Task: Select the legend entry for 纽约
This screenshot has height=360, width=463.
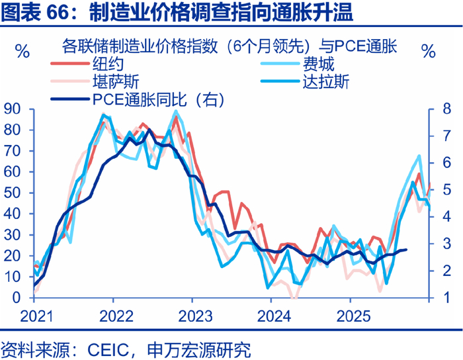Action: click(x=106, y=65)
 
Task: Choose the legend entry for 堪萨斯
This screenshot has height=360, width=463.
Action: click(x=114, y=82)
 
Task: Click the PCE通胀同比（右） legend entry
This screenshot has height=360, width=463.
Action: click(x=158, y=100)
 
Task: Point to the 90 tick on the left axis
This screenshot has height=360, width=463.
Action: click(x=13, y=109)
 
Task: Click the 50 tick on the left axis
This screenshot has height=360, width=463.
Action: click(x=13, y=193)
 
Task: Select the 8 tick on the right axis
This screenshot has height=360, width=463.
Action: click(x=440, y=109)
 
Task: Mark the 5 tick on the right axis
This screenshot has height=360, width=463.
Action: click(x=440, y=190)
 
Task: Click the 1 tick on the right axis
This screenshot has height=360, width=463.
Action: click(x=440, y=298)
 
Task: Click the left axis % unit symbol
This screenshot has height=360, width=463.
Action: click(x=21, y=51)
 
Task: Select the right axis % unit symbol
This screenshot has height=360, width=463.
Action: click(x=429, y=51)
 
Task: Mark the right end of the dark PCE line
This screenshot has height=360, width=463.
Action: click(x=405, y=249)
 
